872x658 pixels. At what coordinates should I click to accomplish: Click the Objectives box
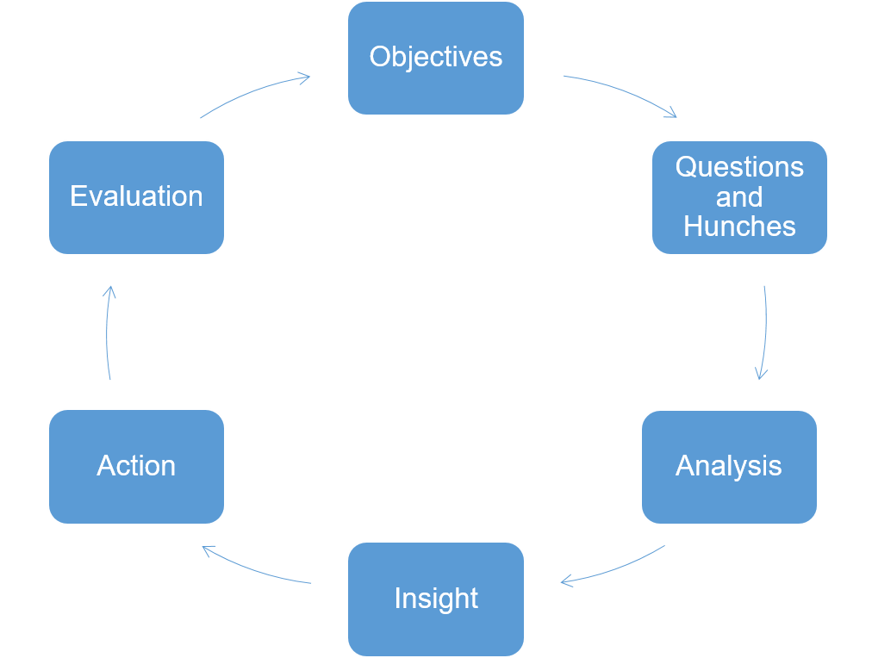(x=435, y=58)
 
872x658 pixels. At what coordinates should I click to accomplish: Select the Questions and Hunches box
(x=739, y=197)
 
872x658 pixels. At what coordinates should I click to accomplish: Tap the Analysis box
(x=729, y=466)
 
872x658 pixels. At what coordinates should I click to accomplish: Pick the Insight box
(x=435, y=599)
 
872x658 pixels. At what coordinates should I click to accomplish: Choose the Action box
(x=136, y=466)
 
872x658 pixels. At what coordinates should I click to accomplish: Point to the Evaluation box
(x=136, y=197)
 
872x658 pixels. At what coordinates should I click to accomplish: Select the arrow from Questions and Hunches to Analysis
(x=764, y=332)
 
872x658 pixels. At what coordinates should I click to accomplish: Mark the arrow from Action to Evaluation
(x=108, y=332)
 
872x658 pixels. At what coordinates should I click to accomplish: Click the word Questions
(x=739, y=167)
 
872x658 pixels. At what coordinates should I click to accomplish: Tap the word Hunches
(x=739, y=227)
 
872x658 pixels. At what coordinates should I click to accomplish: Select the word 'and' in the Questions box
(x=739, y=197)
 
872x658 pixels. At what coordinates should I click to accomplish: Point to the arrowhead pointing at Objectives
(x=305, y=79)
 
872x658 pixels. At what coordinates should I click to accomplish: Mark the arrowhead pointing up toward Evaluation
(x=109, y=290)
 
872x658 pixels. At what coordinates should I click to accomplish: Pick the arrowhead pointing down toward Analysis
(x=761, y=375)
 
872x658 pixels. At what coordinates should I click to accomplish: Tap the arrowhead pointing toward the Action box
(x=207, y=549)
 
